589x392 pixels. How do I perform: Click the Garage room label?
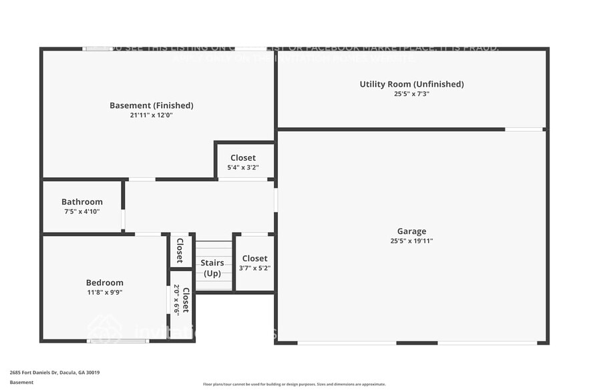411,231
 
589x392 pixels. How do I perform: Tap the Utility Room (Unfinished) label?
411,84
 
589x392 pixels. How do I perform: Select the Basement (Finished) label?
152,105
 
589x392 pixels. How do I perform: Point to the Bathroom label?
82,202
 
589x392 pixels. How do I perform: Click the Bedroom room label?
105,283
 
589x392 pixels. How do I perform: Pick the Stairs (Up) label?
212,268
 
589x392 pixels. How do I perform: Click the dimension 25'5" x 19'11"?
411,241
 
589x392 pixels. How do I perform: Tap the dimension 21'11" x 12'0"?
152,115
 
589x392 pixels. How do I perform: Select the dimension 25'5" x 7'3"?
411,94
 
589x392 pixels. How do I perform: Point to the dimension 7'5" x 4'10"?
82,211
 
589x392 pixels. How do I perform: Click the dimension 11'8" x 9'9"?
105,292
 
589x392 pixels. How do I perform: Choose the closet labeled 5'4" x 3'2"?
243,163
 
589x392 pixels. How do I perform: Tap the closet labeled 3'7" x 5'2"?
254,263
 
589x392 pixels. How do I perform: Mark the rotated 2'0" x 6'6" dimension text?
177,299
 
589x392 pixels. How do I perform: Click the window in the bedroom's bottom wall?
118,341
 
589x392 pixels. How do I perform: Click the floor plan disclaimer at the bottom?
294,384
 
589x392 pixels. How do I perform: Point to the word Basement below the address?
21,383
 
